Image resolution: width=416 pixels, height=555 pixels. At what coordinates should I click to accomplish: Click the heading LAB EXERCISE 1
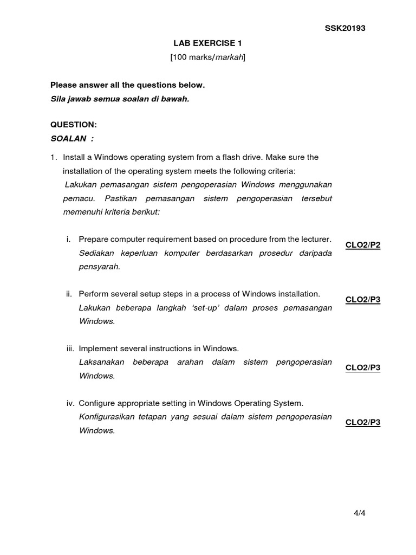coord(207,43)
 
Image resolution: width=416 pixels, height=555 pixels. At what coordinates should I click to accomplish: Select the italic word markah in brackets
coord(229,57)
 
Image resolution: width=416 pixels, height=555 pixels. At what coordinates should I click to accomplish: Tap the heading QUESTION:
coord(74,125)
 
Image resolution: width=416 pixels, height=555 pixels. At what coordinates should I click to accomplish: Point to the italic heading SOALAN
coord(69,138)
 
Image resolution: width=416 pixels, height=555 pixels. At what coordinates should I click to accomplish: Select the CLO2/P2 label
coord(363,245)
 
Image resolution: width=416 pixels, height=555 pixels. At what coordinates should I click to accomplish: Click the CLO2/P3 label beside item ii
coord(363,300)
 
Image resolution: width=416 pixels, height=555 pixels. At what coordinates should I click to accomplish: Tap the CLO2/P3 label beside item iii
coord(363,367)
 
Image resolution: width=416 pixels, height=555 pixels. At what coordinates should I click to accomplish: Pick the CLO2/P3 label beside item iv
coord(363,422)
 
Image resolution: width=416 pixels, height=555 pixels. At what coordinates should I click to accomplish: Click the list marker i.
coord(68,239)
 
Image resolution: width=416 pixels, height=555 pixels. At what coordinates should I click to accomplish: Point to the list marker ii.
coord(69,294)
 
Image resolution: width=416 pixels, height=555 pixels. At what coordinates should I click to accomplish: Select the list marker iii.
coord(69,349)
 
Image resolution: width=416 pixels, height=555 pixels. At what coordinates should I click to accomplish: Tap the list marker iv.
coord(69,403)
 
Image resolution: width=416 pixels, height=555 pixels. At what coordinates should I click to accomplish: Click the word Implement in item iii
coord(97,349)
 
